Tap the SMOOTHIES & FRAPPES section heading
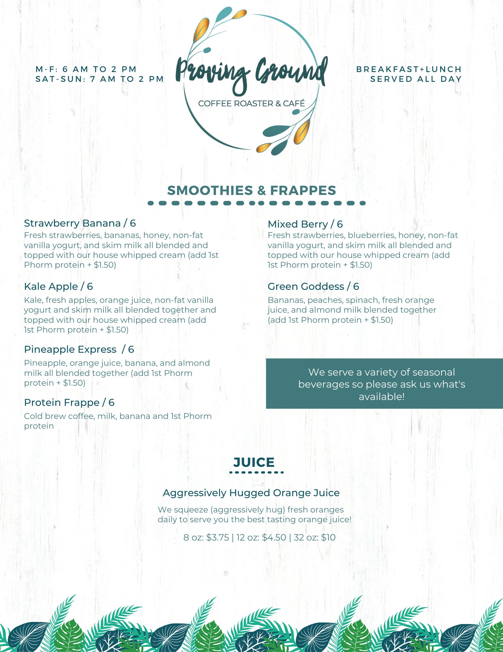tap(251, 190)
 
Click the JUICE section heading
tap(254, 462)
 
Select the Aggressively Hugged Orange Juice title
tap(251, 493)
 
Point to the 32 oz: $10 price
tap(314, 538)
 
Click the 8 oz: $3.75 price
tap(206, 538)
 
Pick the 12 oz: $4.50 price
tap(261, 538)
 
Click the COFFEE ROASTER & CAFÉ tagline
tap(251, 104)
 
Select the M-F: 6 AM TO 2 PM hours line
tap(86, 69)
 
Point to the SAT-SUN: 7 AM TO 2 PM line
tap(99, 79)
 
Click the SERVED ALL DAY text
tap(416, 79)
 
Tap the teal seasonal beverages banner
tap(384, 384)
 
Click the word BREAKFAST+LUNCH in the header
tap(409, 69)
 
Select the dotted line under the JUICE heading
tap(257, 472)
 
